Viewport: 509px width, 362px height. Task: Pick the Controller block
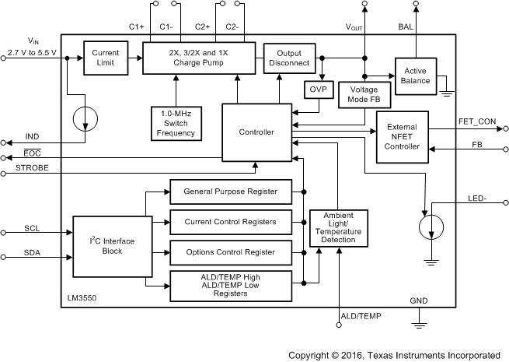tap(258, 132)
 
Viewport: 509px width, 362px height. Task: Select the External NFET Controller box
tap(401, 137)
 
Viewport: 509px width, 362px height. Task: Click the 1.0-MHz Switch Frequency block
tap(176, 122)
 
